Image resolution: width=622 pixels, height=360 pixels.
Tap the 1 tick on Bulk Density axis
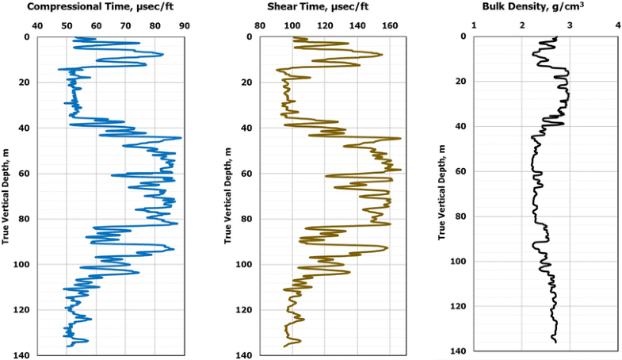[x=474, y=25]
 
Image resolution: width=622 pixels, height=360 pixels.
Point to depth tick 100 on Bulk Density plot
[x=457, y=262]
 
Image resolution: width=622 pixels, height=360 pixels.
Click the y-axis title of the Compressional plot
[x=6, y=195]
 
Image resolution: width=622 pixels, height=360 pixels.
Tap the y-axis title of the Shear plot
[x=228, y=195]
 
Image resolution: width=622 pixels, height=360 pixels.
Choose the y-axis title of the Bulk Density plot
[x=441, y=195]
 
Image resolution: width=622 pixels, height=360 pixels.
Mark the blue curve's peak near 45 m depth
[x=181, y=138]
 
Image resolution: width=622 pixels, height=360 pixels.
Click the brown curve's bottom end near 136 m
[x=284, y=347]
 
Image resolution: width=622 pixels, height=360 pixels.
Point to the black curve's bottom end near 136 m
[x=556, y=342]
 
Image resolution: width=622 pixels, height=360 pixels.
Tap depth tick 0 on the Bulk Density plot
[x=463, y=36]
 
